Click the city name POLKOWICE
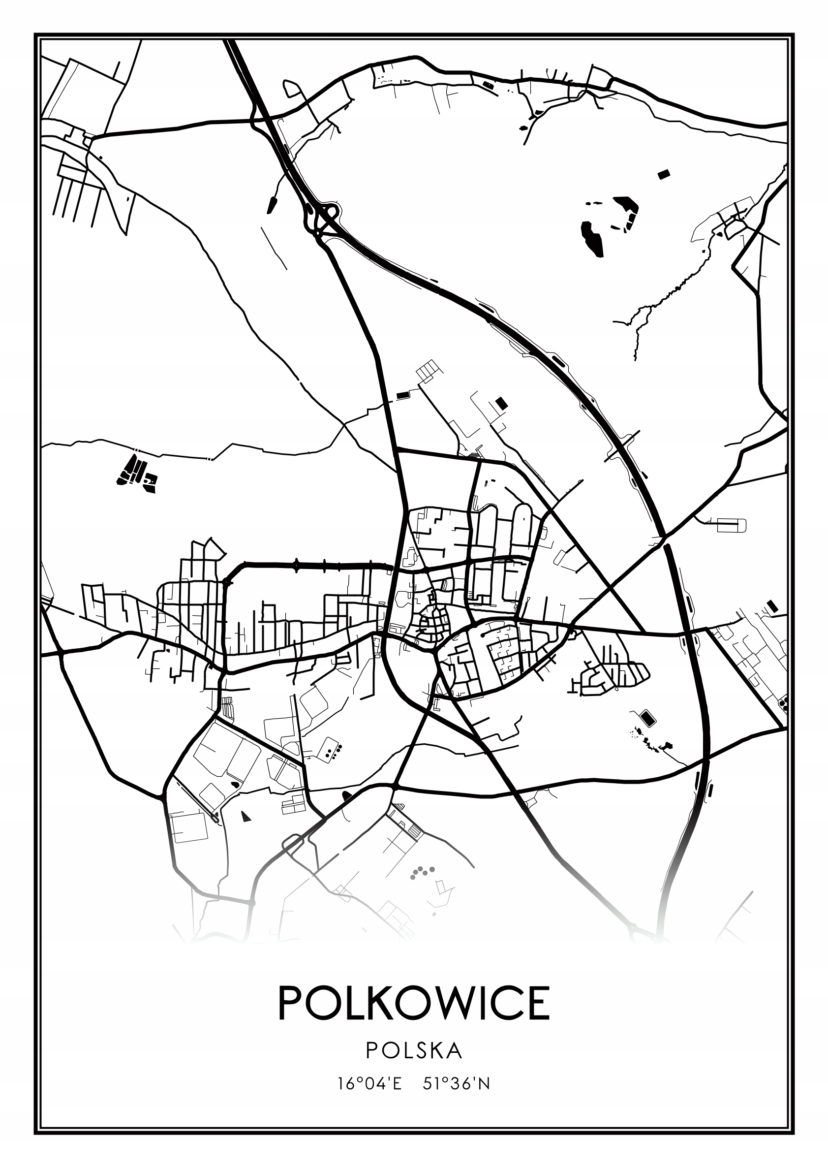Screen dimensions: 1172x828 click(x=414, y=1003)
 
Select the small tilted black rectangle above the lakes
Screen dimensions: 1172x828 click(x=663, y=175)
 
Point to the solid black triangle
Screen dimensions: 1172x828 click(x=246, y=817)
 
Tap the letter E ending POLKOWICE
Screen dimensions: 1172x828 click(x=536, y=1003)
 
